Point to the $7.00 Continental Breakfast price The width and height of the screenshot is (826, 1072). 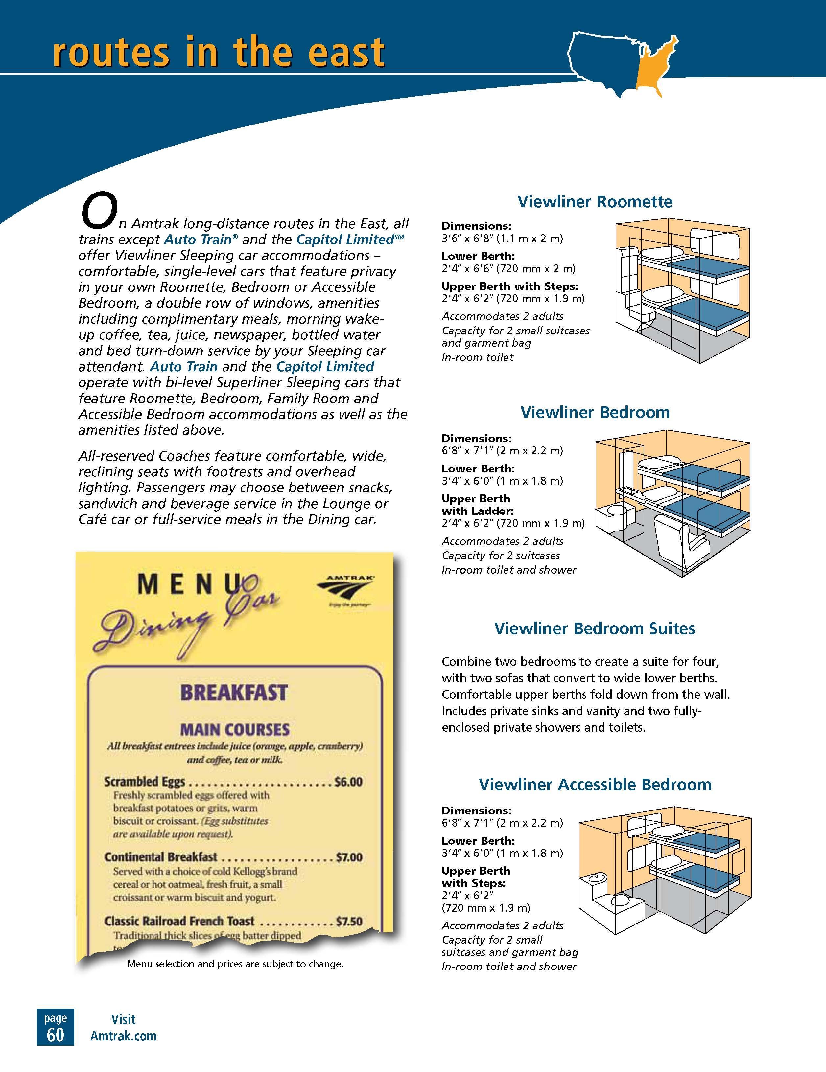349,857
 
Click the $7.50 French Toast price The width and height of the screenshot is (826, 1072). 349,921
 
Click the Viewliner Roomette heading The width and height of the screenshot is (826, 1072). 595,202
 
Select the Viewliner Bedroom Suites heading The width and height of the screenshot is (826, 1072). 595,629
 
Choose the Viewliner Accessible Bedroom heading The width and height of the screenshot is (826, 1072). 595,784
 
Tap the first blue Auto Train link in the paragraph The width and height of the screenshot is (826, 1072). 198,239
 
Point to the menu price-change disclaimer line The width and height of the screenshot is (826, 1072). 235,964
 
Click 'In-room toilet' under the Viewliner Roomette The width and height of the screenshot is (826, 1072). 477,357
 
